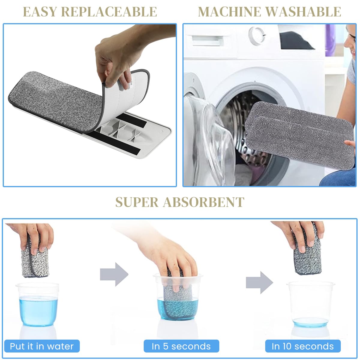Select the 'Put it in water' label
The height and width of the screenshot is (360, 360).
[x=42, y=346]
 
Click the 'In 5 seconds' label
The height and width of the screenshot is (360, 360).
[x=181, y=346]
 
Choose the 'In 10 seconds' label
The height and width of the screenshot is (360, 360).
[x=303, y=346]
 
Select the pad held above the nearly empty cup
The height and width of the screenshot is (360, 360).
[x=308, y=255]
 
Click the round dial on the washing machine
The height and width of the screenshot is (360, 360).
[x=256, y=34]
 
